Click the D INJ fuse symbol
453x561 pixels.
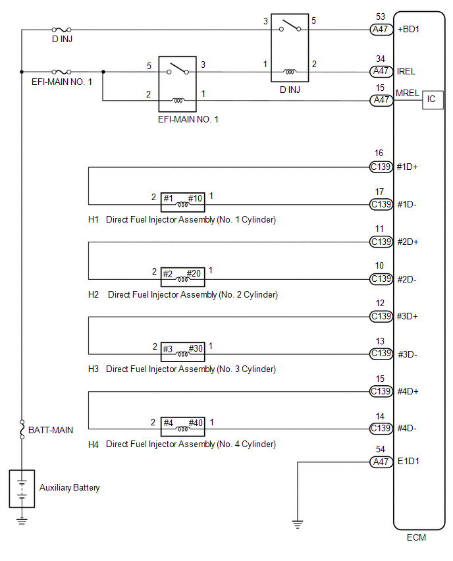pos(61,30)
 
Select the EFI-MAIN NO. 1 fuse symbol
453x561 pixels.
pos(61,72)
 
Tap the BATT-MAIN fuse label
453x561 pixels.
pos(51,430)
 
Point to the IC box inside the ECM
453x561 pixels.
pos(433,99)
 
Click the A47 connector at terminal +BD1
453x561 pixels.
pos(381,30)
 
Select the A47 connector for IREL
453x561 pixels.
pos(381,71)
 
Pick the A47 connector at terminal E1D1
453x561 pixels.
pos(381,462)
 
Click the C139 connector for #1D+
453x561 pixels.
pos(381,167)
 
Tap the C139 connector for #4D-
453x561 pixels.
pos(381,428)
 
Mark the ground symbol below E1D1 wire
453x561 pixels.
pos(298,524)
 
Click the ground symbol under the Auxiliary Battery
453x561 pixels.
pos(22,521)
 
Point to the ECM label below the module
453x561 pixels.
pos(416,537)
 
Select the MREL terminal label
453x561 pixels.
pos(407,93)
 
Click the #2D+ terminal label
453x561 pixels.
pos(408,242)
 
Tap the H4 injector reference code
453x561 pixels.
pos(93,444)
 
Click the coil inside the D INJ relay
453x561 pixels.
pos(290,72)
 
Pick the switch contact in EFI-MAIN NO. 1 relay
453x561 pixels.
pos(178,68)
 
